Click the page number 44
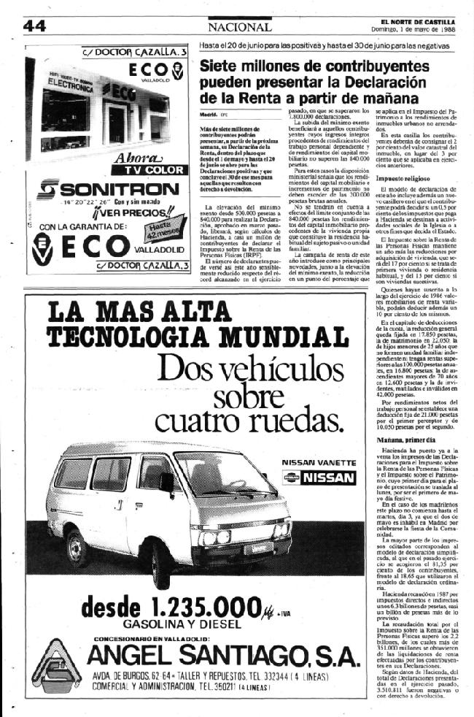pos(34,26)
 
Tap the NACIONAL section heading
pos(238,26)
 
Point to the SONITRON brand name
pos(108,190)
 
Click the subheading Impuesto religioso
pos(404,177)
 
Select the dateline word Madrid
pos(210,115)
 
